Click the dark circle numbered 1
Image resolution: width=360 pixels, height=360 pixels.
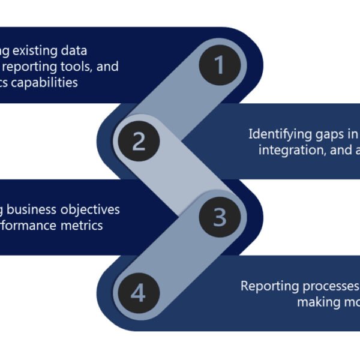[219, 65]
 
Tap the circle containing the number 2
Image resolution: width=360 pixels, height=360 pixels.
[139, 142]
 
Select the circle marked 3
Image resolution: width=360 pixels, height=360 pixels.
[219, 217]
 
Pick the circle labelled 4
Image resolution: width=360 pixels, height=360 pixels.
[139, 293]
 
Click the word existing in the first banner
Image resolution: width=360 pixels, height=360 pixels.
[37, 51]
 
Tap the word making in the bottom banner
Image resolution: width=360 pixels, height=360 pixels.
[317, 301]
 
